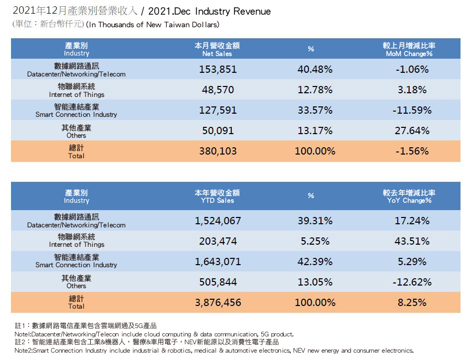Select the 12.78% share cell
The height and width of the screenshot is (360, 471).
pyautogui.click(x=315, y=90)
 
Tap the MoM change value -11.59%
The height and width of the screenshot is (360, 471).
pyautogui.click(x=413, y=110)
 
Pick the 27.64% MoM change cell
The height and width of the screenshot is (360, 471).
pyautogui.click(x=413, y=130)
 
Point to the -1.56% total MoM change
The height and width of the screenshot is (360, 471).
pyautogui.click(x=413, y=151)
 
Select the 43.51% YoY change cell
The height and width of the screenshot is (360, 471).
pyautogui.click(x=413, y=241)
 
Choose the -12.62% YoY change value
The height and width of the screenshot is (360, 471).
pyautogui.click(x=413, y=282)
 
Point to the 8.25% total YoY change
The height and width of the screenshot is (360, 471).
pyautogui.click(x=413, y=302)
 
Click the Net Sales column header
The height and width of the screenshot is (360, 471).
pyautogui.click(x=217, y=49)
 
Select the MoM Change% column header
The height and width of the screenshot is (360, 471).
pyautogui.click(x=409, y=49)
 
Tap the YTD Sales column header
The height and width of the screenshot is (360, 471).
pyautogui.click(x=217, y=197)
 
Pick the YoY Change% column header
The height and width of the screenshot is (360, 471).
pyautogui.click(x=409, y=197)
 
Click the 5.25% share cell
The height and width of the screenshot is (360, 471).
pyautogui.click(x=315, y=241)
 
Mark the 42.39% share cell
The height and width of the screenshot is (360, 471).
pyautogui.click(x=315, y=261)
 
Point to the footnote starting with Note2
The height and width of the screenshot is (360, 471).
pyautogui.click(x=214, y=350)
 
